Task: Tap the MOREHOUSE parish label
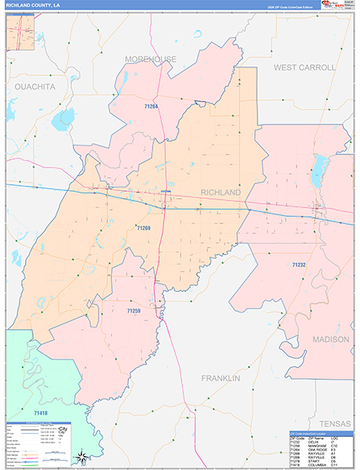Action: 150,60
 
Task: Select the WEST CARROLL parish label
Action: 304,68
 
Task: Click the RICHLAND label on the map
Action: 221,192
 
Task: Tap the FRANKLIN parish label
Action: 220,378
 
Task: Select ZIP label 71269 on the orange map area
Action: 142,228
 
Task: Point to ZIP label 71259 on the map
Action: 134,311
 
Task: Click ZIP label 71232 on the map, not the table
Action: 299,266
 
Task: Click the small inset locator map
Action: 23,32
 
